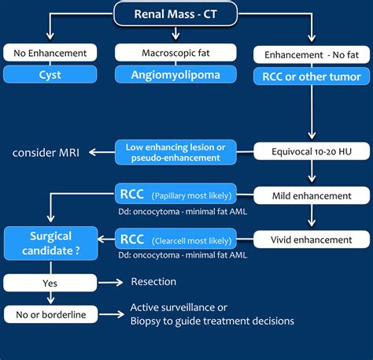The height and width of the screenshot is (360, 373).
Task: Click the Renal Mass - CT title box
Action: point(185,13)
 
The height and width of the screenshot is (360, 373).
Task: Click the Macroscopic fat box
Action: point(163,53)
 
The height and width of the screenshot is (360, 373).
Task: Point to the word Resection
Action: point(154,282)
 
